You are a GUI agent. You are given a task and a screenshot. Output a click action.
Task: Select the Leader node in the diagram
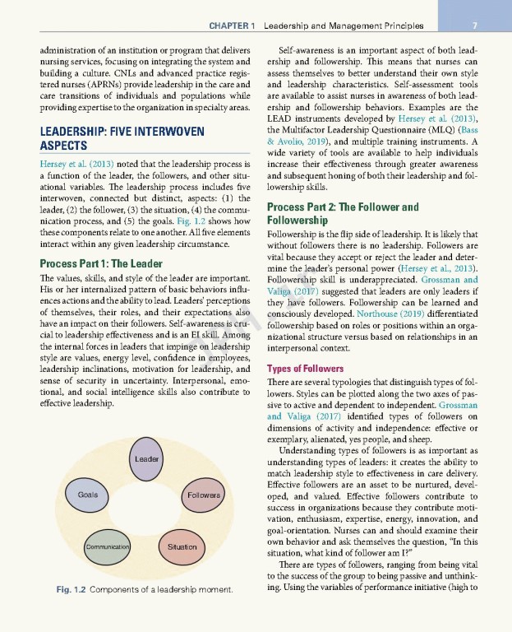click(x=147, y=458)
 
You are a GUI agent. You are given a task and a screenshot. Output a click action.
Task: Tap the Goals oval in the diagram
click(x=87, y=495)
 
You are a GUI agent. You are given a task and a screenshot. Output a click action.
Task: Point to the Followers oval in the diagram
click(x=203, y=496)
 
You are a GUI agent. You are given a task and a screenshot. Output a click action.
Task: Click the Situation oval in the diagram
click(x=182, y=546)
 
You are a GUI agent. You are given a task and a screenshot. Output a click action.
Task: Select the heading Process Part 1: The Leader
click(x=101, y=263)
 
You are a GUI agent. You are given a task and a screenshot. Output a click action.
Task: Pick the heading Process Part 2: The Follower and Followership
click(x=343, y=214)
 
